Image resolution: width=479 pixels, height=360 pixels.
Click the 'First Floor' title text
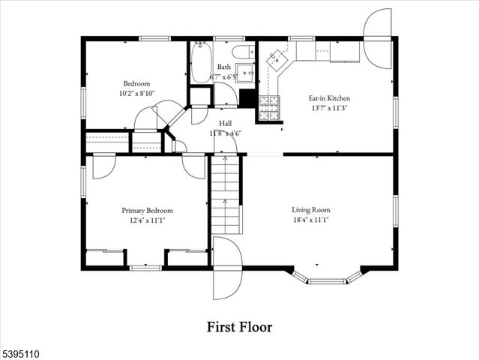(239, 327)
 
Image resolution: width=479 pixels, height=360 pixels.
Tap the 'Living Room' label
(311, 210)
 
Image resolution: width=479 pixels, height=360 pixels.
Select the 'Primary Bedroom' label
(147, 211)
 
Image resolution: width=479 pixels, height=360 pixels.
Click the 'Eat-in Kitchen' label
(329, 98)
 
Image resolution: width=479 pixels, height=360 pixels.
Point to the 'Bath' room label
(224, 67)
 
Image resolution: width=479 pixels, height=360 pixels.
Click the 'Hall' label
(226, 123)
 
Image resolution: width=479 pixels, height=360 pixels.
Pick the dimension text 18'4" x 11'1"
(311, 220)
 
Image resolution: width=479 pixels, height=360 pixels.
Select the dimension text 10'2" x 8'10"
(137, 93)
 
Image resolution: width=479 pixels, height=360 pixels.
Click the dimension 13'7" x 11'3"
(329, 108)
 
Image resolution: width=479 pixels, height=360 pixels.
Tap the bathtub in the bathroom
(200, 63)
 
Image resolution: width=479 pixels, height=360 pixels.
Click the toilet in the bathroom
(242, 52)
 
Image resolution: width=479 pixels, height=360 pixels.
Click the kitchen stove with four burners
(269, 109)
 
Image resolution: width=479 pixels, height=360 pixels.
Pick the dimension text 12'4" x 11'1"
(147, 220)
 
